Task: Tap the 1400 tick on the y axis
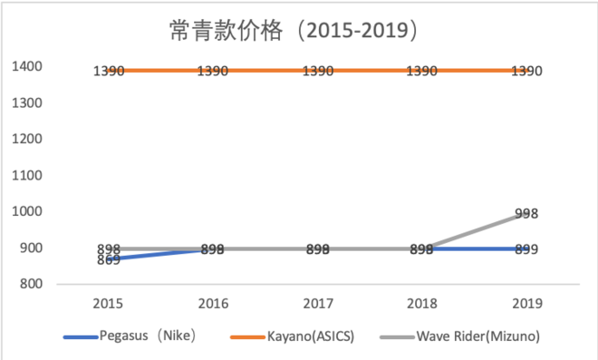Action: click(x=25, y=66)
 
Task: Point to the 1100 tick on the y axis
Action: click(x=25, y=175)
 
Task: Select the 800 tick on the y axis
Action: click(x=27, y=284)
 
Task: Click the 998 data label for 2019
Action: click(x=526, y=214)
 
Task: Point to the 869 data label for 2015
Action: click(x=109, y=260)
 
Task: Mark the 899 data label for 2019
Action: click(x=526, y=249)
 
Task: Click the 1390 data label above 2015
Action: click(x=110, y=71)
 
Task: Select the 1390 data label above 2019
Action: click(x=526, y=71)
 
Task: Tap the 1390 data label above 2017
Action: click(x=318, y=71)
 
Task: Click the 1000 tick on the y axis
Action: click(x=25, y=211)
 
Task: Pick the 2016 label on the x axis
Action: click(x=213, y=302)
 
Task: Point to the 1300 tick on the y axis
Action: click(x=25, y=102)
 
